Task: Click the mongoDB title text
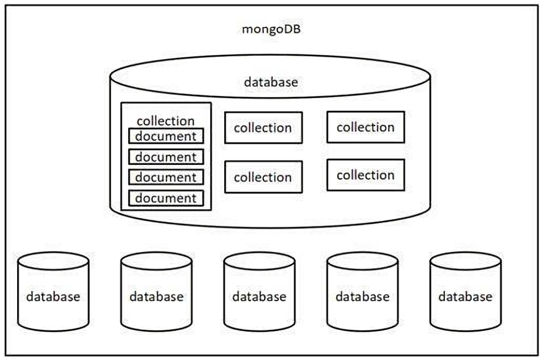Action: pyautogui.click(x=272, y=29)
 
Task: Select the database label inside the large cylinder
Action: pyautogui.click(x=270, y=82)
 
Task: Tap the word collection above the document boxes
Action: pyautogui.click(x=165, y=121)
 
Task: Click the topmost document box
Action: pyautogui.click(x=166, y=136)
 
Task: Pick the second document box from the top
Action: pyautogui.click(x=166, y=157)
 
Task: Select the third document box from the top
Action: pyautogui.click(x=166, y=177)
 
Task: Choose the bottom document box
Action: pyautogui.click(x=166, y=198)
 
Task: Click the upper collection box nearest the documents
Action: pyautogui.click(x=263, y=128)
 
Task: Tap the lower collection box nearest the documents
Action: pyautogui.click(x=263, y=177)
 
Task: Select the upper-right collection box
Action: pyautogui.click(x=366, y=127)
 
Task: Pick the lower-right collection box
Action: pyautogui.click(x=366, y=175)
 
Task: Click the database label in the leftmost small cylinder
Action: pyautogui.click(x=53, y=297)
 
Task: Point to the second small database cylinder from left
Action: pyautogui.click(x=156, y=297)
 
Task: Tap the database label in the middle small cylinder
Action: pyautogui.click(x=259, y=297)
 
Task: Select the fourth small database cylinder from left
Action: pyautogui.click(x=362, y=297)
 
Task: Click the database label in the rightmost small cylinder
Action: pyautogui.click(x=466, y=297)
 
